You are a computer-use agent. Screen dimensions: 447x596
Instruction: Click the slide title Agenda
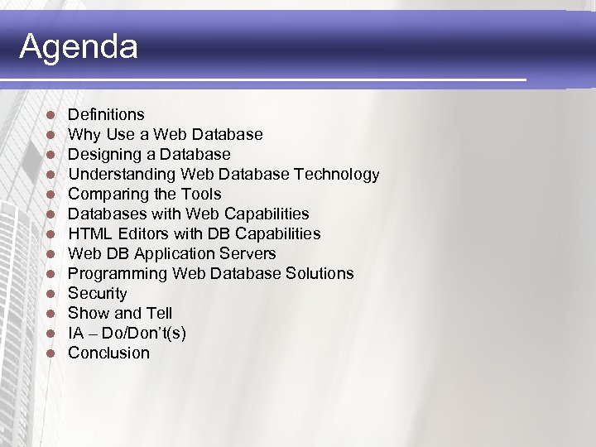(x=79, y=46)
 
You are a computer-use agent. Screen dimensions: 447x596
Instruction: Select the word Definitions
(x=106, y=115)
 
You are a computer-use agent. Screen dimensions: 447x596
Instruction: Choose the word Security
(x=98, y=294)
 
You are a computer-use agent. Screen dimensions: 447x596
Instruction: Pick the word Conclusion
(x=108, y=353)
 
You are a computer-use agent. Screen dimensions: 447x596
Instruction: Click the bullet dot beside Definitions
(x=50, y=115)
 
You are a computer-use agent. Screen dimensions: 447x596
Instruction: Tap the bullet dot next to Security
(x=50, y=294)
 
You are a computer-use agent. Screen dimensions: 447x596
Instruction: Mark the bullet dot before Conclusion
(x=50, y=353)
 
